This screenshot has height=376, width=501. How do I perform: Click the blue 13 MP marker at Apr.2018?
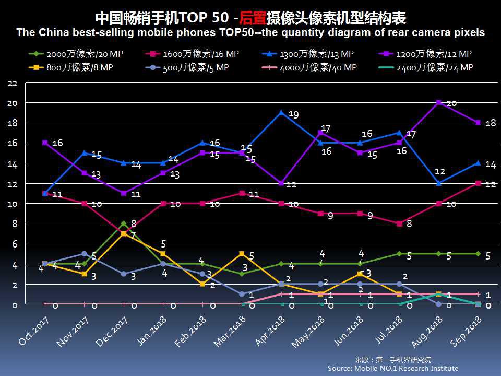pos(281,113)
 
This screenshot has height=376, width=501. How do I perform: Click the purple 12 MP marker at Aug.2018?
pos(439,102)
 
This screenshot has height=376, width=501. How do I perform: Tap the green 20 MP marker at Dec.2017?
pos(124,224)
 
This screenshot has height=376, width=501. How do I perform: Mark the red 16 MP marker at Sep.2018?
pos(479,183)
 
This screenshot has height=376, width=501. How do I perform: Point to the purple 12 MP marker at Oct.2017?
pos(45,143)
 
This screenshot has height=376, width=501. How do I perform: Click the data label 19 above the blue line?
pos(293,114)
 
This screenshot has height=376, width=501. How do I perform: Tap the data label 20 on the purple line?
pos(451,103)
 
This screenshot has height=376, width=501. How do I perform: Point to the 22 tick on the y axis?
pos(13,84)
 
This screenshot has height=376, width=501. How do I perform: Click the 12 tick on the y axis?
pos(13,184)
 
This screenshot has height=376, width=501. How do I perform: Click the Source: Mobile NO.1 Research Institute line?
pos(393,368)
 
